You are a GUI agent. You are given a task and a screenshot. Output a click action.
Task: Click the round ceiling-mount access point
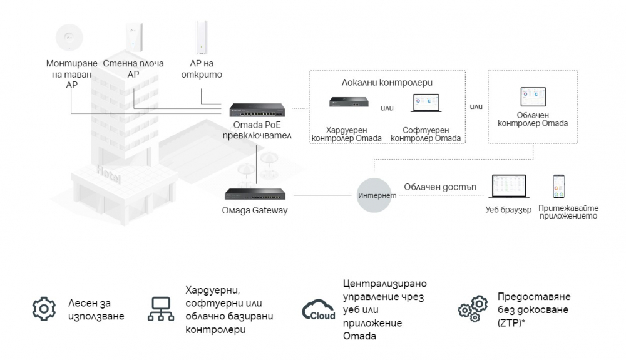pyautogui.click(x=69, y=38)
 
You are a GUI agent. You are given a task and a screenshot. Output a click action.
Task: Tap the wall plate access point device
pyautogui.click(x=134, y=37)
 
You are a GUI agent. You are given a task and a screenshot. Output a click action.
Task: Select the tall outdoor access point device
pyautogui.click(x=201, y=37)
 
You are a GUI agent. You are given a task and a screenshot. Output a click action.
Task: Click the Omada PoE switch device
pyautogui.click(x=257, y=110)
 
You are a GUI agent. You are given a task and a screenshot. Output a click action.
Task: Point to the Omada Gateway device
pyautogui.click(x=255, y=194)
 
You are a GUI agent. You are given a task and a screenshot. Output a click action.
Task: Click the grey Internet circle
pyautogui.click(x=374, y=195)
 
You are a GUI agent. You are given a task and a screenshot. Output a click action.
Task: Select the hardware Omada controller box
pyautogui.click(x=349, y=102)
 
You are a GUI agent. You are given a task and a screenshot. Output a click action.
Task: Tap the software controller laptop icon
pyautogui.click(x=426, y=103)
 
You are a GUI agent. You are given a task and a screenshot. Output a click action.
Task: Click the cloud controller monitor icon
pyautogui.click(x=533, y=97)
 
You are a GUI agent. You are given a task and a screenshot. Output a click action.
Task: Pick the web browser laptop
pyautogui.click(x=508, y=187)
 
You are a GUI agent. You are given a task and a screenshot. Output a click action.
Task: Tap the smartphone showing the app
pyautogui.click(x=558, y=187)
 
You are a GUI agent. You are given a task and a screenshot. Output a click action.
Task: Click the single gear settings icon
pyautogui.click(x=44, y=309)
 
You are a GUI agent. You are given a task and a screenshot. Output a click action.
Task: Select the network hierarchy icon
pyautogui.click(x=161, y=309)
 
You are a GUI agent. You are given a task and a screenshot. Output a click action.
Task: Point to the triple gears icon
pyautogui.click(x=473, y=309)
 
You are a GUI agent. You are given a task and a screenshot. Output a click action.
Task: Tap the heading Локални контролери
pyautogui.click(x=387, y=83)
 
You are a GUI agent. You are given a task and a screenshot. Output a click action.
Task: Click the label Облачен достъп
pyautogui.click(x=440, y=187)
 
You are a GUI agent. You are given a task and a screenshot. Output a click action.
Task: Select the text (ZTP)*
pyautogui.click(x=511, y=323)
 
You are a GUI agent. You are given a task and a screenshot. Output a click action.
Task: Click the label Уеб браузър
pyautogui.click(x=508, y=210)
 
